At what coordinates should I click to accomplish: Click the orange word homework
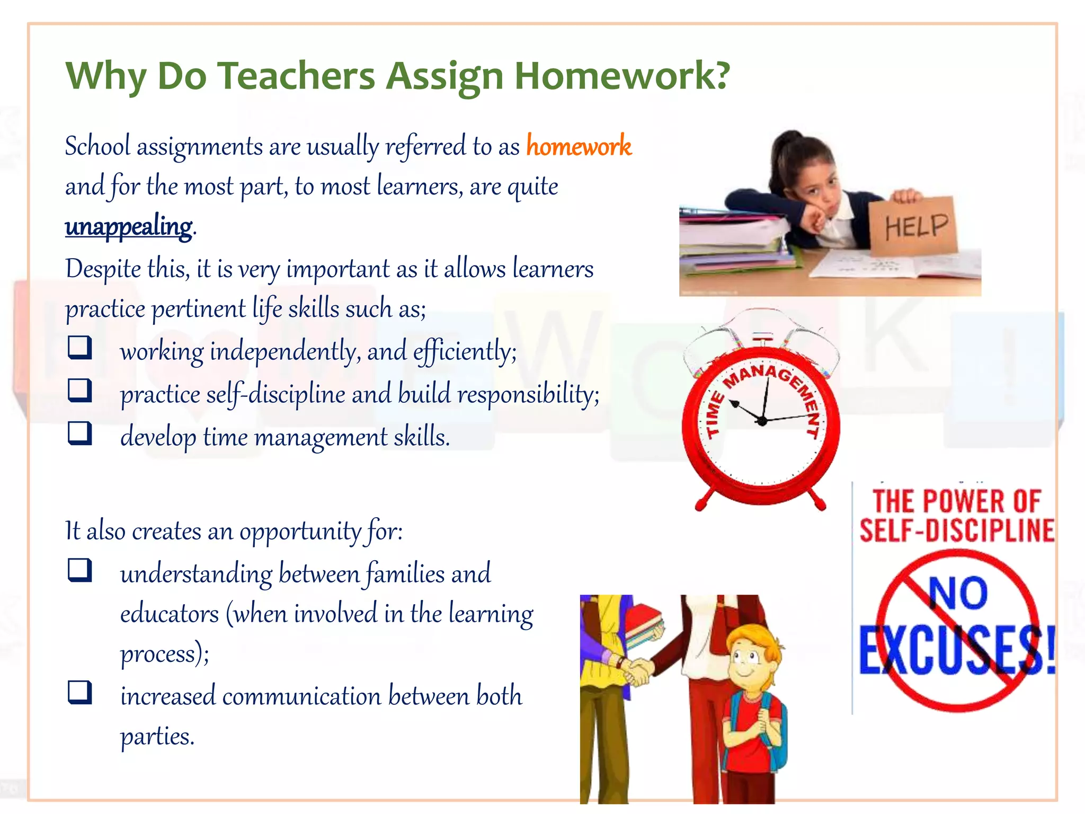[x=579, y=146]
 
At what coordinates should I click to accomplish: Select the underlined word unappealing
[x=129, y=227]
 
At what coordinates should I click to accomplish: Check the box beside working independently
[x=80, y=348]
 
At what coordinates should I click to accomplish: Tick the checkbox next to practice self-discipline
[x=80, y=391]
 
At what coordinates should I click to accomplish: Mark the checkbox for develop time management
[x=80, y=433]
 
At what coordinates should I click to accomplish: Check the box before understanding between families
[x=80, y=570]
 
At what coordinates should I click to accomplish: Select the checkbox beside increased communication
[x=80, y=692]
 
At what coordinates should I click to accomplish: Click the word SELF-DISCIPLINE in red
[x=957, y=530]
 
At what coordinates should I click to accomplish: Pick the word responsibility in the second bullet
[x=528, y=394]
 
